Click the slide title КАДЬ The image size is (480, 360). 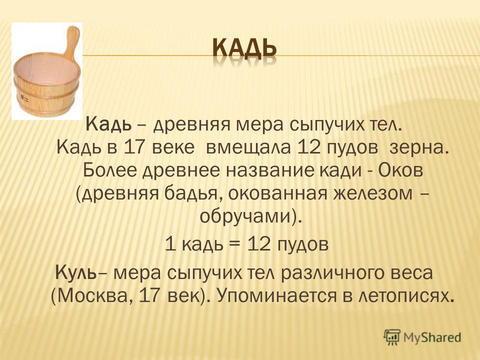point(244,49)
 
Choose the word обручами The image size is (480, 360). point(245,217)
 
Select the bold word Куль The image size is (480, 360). point(75,272)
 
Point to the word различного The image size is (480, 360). point(334,273)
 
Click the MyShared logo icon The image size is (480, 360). point(392,337)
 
